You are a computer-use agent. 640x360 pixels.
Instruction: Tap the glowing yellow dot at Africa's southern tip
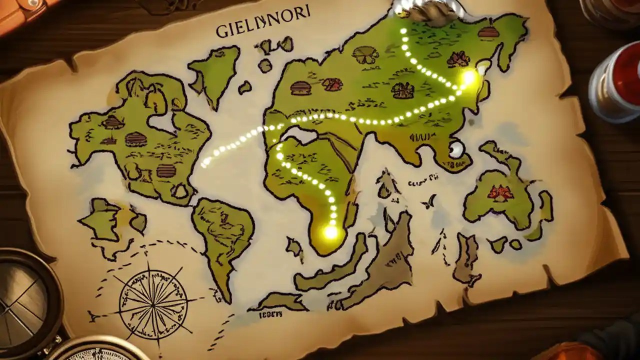[x=330, y=232]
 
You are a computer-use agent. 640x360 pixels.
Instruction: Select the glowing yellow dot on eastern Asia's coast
[x=469, y=77]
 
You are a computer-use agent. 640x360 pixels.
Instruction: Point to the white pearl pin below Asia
[x=456, y=149]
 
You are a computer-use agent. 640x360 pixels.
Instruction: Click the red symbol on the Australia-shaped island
[x=500, y=192]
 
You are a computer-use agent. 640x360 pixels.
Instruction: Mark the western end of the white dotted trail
[x=204, y=164]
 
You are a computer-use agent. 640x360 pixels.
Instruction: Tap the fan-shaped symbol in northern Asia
[x=365, y=54]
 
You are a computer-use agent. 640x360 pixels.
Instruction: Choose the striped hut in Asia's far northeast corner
[x=488, y=33]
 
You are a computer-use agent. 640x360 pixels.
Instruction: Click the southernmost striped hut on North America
[x=166, y=171]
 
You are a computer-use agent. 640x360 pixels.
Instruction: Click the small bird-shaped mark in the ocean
[x=428, y=203]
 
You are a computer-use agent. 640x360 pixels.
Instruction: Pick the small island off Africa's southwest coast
[x=294, y=247]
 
